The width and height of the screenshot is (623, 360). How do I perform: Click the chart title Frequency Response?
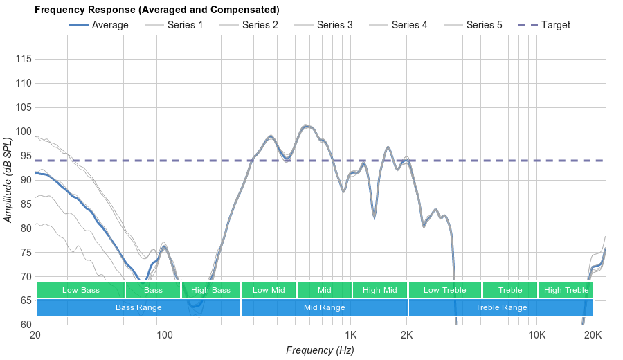[157, 10]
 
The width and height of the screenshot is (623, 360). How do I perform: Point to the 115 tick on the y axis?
[24, 60]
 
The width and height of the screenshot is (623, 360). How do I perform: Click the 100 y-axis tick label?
[24, 132]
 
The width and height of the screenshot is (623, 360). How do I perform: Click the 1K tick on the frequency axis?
[351, 335]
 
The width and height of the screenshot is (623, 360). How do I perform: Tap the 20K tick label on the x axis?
[593, 335]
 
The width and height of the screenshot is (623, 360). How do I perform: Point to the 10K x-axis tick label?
[536, 335]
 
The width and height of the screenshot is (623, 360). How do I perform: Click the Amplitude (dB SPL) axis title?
[8, 180]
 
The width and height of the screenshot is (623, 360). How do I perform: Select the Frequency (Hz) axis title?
[320, 350]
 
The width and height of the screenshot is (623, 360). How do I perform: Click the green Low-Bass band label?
[81, 290]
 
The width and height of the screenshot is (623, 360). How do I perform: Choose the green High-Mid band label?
[380, 290]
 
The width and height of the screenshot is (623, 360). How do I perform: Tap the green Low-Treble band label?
[444, 290]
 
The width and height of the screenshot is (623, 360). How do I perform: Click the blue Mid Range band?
[324, 307]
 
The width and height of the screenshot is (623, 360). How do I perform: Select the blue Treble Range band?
[501, 307]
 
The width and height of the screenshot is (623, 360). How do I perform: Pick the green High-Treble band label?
[566, 290]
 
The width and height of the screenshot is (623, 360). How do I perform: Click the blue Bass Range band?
[138, 307]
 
